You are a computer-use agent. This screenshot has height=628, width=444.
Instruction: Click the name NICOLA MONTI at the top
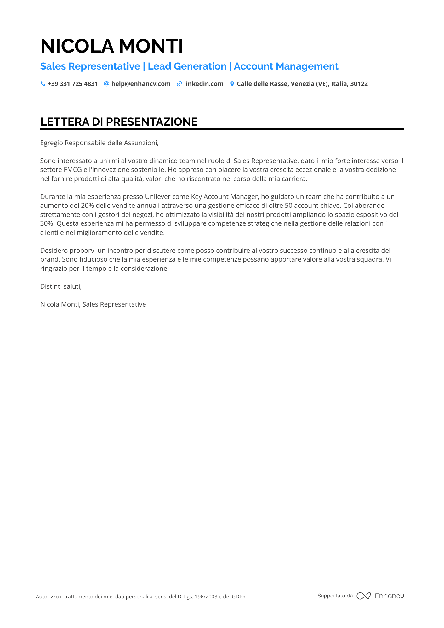[x=112, y=46]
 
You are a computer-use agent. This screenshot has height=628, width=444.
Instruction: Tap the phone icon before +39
[x=43, y=84]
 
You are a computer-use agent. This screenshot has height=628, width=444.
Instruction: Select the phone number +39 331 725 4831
[x=73, y=84]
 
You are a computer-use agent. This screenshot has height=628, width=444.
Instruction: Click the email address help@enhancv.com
[x=141, y=84]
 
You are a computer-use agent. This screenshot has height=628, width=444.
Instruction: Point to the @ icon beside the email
[x=106, y=84]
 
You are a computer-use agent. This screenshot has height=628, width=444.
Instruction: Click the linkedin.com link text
[x=204, y=84]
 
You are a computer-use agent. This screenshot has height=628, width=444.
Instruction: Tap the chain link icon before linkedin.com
[x=179, y=84]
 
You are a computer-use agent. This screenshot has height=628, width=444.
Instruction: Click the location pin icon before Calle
[x=232, y=84]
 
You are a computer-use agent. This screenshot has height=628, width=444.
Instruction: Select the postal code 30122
[x=359, y=84]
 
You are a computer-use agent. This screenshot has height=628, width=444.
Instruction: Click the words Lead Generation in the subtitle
[x=187, y=66]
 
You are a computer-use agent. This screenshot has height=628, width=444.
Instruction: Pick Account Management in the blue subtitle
[x=286, y=66]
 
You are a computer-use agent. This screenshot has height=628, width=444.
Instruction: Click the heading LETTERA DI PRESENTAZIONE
[x=119, y=122]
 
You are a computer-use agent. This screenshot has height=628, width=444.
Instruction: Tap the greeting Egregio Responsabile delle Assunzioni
[x=99, y=143]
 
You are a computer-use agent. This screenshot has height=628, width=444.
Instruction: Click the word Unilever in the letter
[x=157, y=197]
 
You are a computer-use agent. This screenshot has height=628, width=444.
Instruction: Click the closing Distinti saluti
[x=61, y=286]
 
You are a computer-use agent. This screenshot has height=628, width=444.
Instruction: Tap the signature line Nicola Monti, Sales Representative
[x=93, y=304]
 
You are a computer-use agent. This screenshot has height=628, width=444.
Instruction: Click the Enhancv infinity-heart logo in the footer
[x=364, y=596]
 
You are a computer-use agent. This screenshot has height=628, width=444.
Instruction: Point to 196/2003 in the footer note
[x=206, y=597]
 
